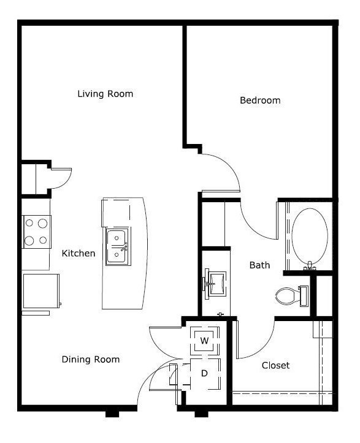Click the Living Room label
[105, 94]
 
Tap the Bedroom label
[260, 100]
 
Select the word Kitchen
[79, 253]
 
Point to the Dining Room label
[91, 360]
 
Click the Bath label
[259, 265]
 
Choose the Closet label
[275, 365]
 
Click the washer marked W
[205, 341]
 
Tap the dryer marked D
[205, 374]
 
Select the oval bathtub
[310, 236]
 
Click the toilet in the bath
[291, 296]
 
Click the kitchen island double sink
[118, 247]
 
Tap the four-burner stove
[37, 232]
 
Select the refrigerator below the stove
[41, 291]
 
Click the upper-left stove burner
[29, 223]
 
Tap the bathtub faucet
[310, 265]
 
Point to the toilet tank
[304, 296]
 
